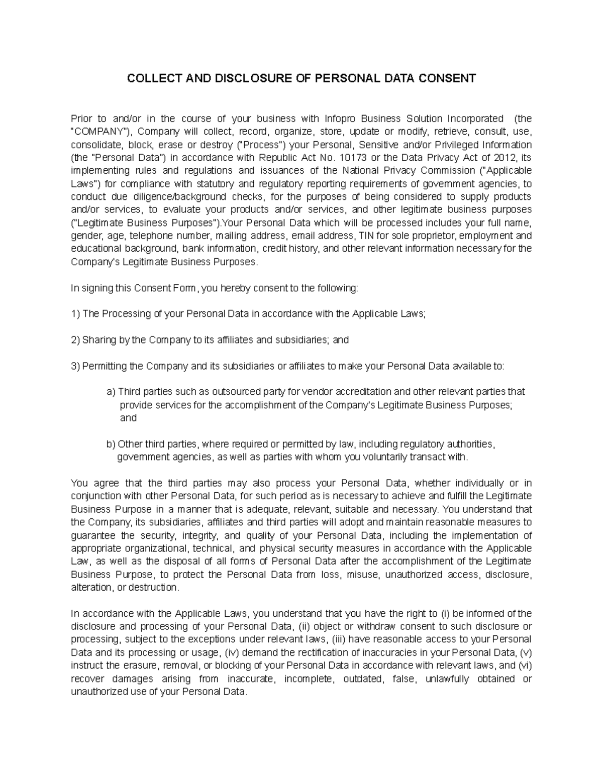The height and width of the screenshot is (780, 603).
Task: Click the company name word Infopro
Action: tap(341, 119)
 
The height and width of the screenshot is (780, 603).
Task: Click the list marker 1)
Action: tap(75, 314)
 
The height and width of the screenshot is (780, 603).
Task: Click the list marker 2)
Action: tap(75, 340)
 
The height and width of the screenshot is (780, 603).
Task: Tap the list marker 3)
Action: tap(75, 366)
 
